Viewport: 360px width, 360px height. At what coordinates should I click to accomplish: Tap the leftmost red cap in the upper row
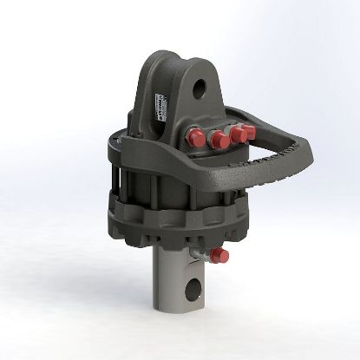click(194, 136)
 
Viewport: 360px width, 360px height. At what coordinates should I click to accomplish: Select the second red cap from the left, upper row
click(217, 140)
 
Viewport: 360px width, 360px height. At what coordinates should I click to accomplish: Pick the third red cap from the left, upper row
click(235, 136)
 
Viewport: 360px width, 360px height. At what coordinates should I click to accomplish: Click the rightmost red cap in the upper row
click(246, 132)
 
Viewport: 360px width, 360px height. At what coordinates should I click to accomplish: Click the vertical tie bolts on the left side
click(121, 182)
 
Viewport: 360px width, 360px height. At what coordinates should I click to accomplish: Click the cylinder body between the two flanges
click(173, 187)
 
